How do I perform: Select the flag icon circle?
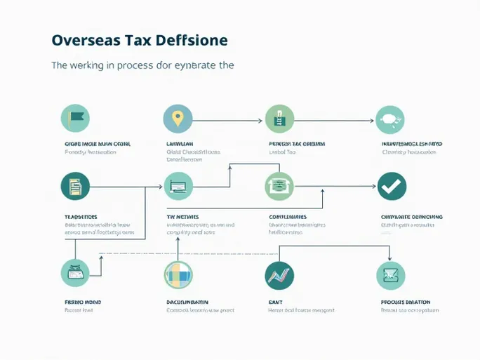(x=75, y=119)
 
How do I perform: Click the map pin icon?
(x=178, y=119)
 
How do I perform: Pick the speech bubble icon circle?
(x=390, y=120)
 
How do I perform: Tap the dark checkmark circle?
(x=392, y=186)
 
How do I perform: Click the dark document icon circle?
(x=75, y=187)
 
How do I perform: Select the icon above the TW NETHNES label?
(x=178, y=187)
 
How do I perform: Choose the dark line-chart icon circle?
(x=279, y=275)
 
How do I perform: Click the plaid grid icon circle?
(x=178, y=275)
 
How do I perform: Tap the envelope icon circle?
(x=390, y=275)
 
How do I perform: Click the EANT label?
(x=275, y=302)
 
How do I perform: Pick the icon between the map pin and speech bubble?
(x=279, y=120)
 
